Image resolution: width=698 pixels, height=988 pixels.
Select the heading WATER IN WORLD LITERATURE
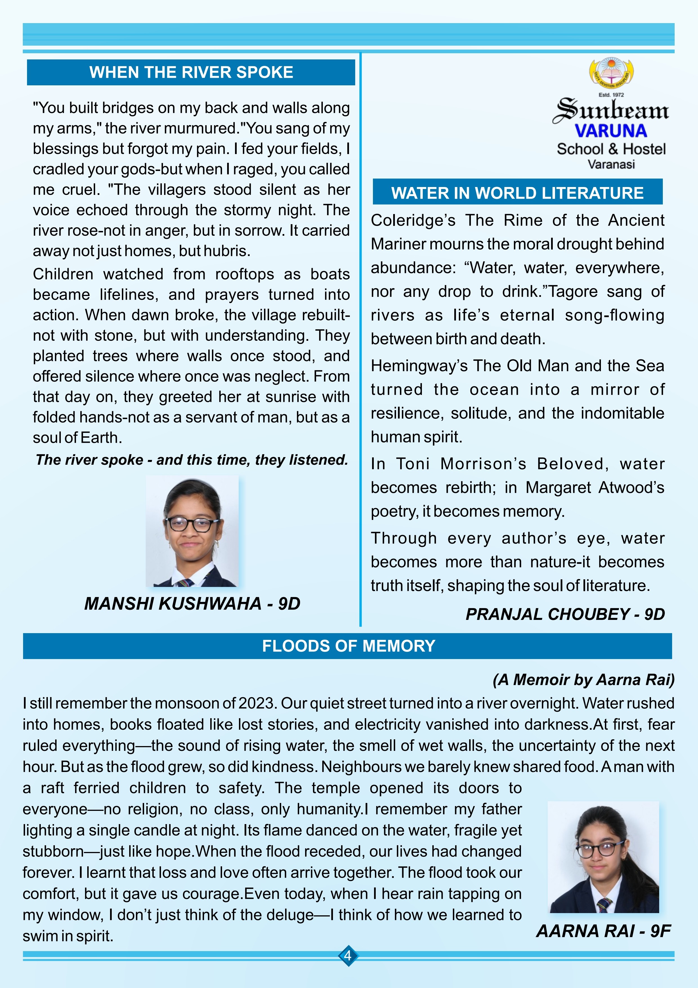click(x=517, y=193)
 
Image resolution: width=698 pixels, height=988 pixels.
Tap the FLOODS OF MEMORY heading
click(x=348, y=646)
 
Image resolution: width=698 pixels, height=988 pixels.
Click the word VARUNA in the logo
click(x=611, y=131)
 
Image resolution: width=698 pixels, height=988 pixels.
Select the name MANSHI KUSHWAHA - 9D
click(x=192, y=604)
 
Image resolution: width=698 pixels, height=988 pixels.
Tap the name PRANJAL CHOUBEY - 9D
click(x=565, y=614)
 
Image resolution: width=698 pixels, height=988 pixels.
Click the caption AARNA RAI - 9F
click(x=603, y=931)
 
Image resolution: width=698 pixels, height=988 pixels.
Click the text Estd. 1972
click(x=611, y=95)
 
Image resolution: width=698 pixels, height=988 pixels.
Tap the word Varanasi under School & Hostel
click(x=611, y=164)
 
